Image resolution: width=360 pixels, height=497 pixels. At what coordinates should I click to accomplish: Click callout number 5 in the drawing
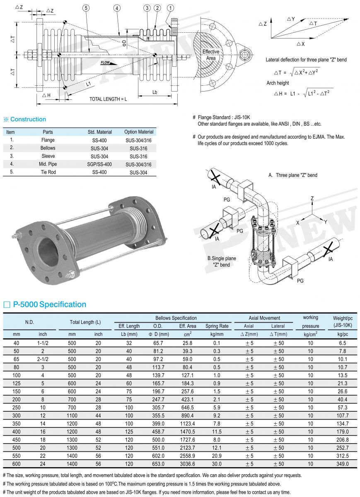click(x=86, y=8)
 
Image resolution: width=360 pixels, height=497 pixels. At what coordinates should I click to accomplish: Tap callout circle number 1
click(x=171, y=8)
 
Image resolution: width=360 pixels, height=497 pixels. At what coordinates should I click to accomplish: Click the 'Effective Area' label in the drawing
click(x=211, y=55)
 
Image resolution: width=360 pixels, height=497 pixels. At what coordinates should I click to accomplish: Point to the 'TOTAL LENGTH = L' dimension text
click(x=109, y=99)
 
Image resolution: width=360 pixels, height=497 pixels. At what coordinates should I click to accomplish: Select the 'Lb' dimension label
click(x=155, y=92)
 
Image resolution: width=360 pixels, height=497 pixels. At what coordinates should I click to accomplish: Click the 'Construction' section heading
click(x=28, y=119)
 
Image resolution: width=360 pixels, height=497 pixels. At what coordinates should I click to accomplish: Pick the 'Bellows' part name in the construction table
click(x=48, y=148)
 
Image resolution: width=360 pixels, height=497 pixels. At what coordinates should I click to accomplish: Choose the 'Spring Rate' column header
click(x=217, y=326)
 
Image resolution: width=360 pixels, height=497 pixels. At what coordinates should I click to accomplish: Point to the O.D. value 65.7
click(x=158, y=343)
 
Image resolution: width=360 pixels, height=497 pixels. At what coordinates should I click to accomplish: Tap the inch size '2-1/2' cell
click(x=43, y=359)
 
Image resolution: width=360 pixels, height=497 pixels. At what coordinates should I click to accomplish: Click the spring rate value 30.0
click(x=217, y=464)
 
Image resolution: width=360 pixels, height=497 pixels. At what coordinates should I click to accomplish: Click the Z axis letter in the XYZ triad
click(x=312, y=199)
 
